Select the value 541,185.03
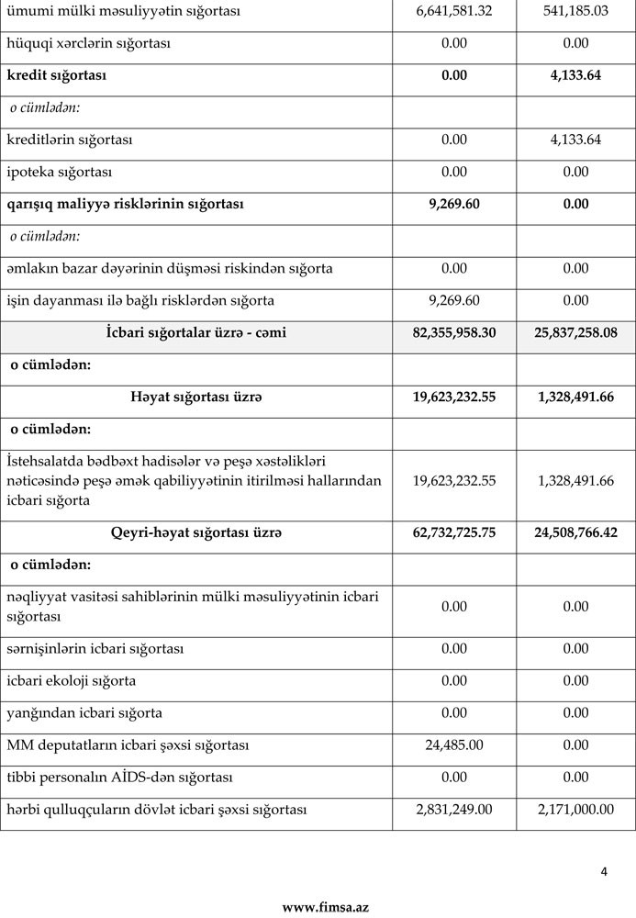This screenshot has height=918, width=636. click(x=575, y=11)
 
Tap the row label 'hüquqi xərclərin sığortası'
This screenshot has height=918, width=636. click(x=101, y=43)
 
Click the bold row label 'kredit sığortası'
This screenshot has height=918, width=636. click(x=56, y=75)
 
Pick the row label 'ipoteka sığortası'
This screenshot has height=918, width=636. click(x=59, y=172)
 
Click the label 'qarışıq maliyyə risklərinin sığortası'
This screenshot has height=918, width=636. click(x=125, y=204)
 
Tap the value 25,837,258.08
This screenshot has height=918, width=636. click(x=575, y=332)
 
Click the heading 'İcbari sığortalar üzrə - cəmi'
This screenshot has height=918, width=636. click(x=196, y=332)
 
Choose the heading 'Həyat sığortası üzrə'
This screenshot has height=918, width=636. click(x=196, y=397)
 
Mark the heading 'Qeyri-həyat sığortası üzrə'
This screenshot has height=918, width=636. click(x=196, y=532)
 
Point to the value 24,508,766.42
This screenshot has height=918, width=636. click(x=575, y=532)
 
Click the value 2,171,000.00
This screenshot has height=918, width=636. click(x=575, y=810)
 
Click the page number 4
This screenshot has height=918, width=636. click(x=604, y=871)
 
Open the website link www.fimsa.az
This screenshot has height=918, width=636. click(x=325, y=907)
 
